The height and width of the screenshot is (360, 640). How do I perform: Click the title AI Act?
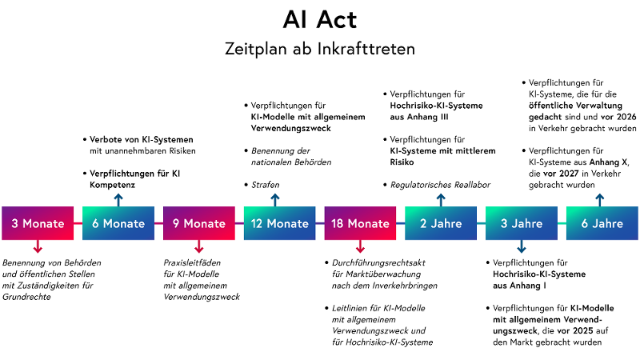pos(320,20)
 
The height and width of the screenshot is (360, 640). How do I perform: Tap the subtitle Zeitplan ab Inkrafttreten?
pos(320,48)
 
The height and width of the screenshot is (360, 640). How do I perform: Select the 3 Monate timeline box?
pos(38,223)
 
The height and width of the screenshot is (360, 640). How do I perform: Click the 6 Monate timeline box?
pos(118,223)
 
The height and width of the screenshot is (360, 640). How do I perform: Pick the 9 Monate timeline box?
pos(199,223)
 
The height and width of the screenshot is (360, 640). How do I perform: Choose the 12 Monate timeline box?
pos(276,223)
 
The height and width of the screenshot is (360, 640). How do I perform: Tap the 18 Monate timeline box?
pos(360,223)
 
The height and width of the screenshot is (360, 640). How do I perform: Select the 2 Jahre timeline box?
pos(440,223)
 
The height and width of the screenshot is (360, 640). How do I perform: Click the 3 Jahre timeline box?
pos(521,223)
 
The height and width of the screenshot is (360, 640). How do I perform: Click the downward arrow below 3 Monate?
pos(38,248)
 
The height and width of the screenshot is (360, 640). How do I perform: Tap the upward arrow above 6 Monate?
pos(118,199)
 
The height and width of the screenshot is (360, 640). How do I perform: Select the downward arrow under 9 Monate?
pos(199,248)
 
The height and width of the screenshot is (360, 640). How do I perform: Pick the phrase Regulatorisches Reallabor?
pos(440,185)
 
